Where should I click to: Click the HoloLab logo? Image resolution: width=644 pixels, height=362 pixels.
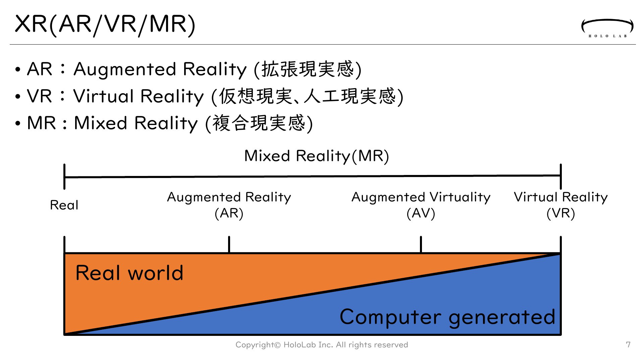coord(607,28)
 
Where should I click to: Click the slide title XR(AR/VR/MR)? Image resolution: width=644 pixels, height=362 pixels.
coord(105,24)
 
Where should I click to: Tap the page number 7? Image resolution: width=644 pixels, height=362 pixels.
coord(628,345)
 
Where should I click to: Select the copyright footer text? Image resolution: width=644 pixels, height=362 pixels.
coord(322,345)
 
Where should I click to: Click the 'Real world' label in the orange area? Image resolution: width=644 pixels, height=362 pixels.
coord(129,273)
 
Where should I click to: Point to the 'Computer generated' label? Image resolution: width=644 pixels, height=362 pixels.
coord(447,317)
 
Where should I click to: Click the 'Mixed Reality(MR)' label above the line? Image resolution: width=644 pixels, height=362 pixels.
coord(316,156)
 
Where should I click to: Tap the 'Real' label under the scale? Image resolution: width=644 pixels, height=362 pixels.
coord(64,205)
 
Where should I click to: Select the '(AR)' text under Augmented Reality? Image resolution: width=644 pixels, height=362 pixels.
coord(229,213)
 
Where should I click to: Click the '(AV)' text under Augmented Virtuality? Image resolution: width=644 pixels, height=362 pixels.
coord(421,213)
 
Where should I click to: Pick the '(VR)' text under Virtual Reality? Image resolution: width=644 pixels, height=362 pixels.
coord(560,213)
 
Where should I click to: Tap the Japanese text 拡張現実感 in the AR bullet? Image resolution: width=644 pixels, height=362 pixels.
coord(308,69)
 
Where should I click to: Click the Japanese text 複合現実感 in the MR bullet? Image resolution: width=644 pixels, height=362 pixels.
coord(259,123)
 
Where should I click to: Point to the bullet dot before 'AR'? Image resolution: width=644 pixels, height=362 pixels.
coord(18,70)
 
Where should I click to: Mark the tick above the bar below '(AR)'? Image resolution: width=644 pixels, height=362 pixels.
coord(229,244)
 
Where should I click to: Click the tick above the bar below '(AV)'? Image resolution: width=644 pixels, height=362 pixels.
coord(421,244)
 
